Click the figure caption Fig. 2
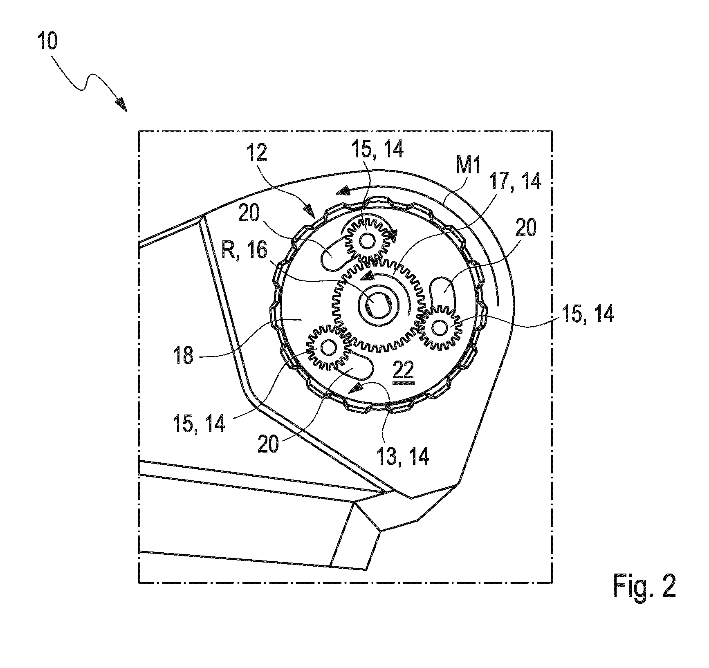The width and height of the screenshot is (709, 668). point(644,587)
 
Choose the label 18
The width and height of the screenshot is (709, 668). point(184,355)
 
